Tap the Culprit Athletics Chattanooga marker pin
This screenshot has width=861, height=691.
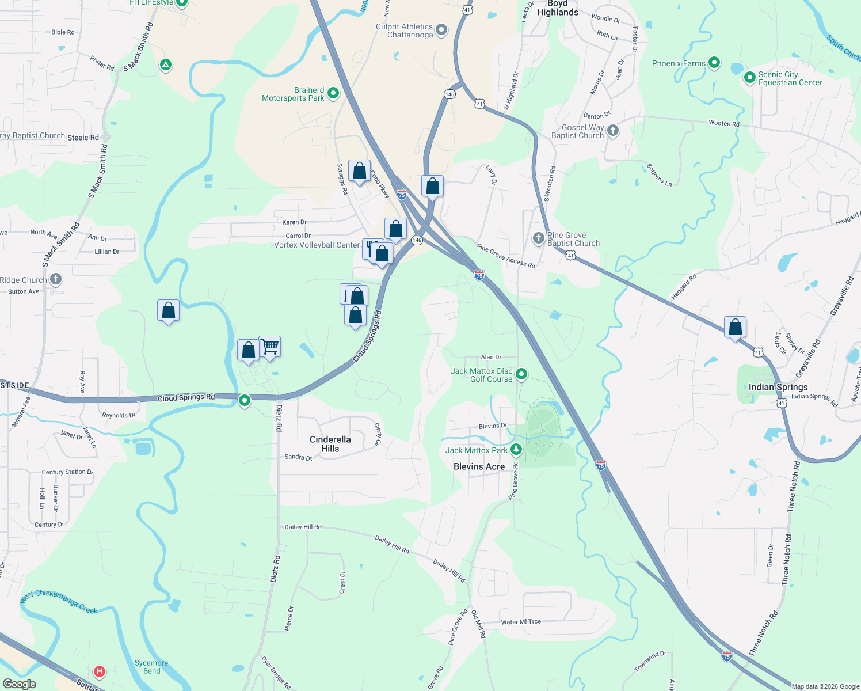(x=441, y=30)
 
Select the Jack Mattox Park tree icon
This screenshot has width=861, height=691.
(x=516, y=449)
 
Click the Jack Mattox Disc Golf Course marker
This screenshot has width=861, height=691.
(x=521, y=374)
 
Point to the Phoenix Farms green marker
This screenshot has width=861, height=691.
(x=714, y=63)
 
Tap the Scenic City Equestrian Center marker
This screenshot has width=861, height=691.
(x=749, y=77)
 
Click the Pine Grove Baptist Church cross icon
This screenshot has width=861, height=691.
(x=538, y=238)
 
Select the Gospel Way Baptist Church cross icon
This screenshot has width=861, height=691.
(x=613, y=130)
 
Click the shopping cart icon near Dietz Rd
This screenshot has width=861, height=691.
(x=269, y=347)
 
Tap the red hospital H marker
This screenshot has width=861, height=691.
(x=100, y=671)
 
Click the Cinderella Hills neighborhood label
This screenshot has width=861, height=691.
(x=330, y=444)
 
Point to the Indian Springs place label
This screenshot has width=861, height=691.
(x=778, y=387)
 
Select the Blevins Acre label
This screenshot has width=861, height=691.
(x=479, y=466)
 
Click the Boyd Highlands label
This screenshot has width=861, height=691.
(x=557, y=8)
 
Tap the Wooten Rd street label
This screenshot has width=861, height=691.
(x=724, y=123)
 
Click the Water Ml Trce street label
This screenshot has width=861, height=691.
(x=521, y=622)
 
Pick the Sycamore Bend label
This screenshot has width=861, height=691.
(x=151, y=667)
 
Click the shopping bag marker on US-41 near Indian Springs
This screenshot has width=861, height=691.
(x=735, y=327)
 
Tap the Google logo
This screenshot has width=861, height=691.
(x=20, y=684)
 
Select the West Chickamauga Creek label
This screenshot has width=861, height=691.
(x=59, y=601)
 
